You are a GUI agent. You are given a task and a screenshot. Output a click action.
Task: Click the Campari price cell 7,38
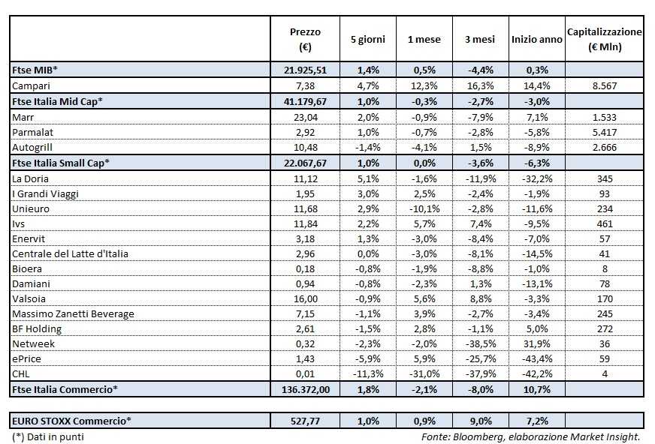click(305, 86)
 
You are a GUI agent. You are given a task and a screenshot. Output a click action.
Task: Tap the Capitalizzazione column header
click(604, 39)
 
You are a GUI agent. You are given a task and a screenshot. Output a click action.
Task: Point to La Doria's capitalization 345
click(604, 178)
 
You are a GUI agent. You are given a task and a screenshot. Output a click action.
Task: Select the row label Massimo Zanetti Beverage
click(73, 313)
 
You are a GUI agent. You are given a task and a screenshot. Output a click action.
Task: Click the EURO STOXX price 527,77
click(305, 421)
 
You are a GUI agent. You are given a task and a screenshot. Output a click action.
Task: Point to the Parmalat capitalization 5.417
click(604, 131)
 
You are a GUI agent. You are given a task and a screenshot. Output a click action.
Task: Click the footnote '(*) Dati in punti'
click(47, 436)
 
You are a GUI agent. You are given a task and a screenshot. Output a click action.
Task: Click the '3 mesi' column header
click(480, 39)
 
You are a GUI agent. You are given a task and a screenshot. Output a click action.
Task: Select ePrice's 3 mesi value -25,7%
click(480, 358)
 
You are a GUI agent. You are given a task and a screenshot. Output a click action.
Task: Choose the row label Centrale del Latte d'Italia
click(70, 253)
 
